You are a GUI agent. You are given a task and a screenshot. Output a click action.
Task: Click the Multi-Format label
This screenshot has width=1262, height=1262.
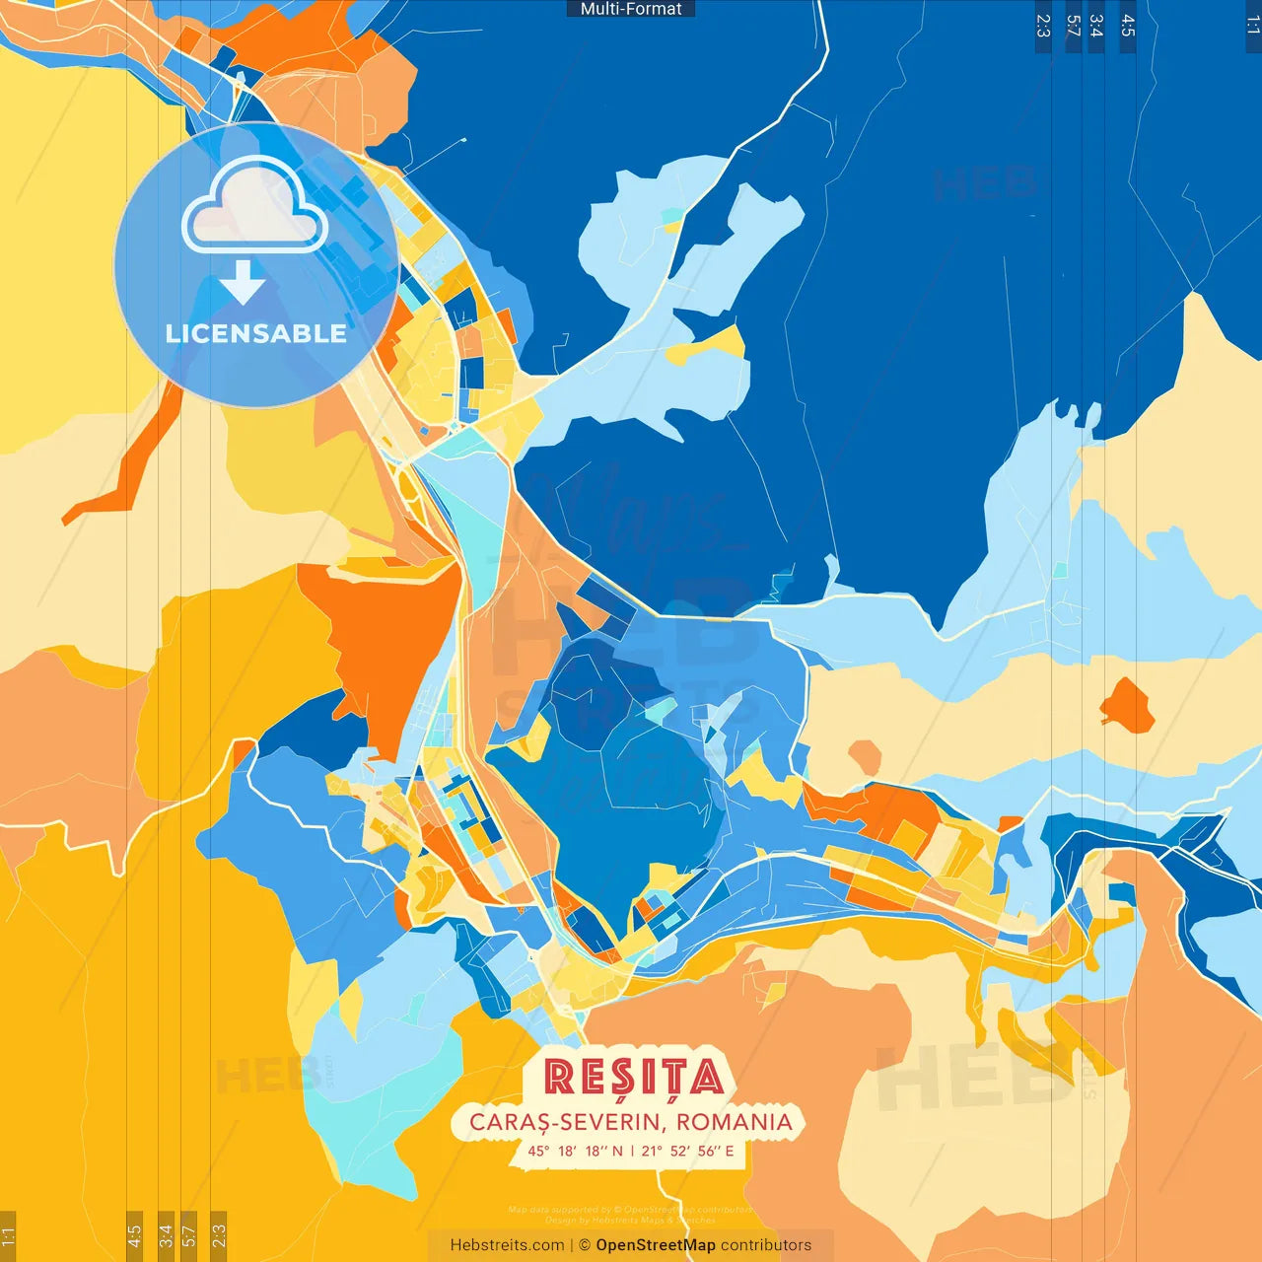(x=631, y=9)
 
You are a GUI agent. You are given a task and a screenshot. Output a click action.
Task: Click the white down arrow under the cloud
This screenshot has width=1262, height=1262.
(x=243, y=283)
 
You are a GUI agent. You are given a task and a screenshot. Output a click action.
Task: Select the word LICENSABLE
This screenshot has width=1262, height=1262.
(x=256, y=334)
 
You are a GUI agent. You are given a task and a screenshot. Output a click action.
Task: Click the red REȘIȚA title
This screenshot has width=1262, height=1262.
(x=633, y=1078)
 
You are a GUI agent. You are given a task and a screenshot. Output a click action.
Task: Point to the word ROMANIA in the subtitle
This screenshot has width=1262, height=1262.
(x=735, y=1122)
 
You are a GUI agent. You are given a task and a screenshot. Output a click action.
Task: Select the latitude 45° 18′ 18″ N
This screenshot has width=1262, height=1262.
(x=575, y=1151)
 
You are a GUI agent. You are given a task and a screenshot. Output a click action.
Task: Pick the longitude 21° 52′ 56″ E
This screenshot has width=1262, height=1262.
(x=687, y=1151)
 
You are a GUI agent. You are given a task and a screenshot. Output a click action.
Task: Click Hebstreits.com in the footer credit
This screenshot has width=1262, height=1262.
(x=507, y=1245)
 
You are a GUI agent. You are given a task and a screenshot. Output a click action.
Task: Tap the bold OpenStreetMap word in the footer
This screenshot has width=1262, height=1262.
(x=655, y=1245)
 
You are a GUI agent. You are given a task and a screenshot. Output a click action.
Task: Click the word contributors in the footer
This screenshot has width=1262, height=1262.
(x=766, y=1245)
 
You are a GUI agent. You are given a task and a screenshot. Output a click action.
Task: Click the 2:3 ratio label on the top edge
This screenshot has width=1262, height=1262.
(x=1043, y=26)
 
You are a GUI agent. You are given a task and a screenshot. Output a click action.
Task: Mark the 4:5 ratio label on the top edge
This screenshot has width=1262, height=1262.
(x=1128, y=26)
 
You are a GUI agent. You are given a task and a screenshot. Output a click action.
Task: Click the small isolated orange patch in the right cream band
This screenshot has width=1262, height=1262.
(x=1127, y=706)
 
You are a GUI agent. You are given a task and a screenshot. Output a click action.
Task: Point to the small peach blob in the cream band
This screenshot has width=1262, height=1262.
(x=865, y=757)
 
